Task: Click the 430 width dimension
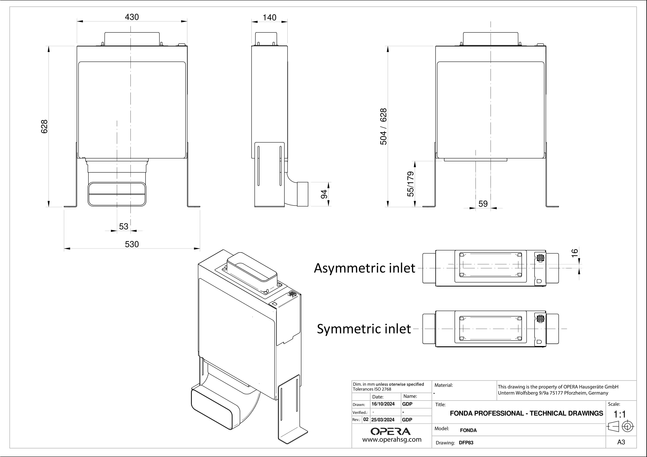click(x=132, y=17)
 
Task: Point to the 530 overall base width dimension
click(x=132, y=244)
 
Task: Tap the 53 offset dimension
click(x=123, y=226)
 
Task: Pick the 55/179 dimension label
click(x=411, y=184)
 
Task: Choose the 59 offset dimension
click(x=483, y=204)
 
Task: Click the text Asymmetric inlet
click(x=364, y=268)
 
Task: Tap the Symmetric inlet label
click(x=364, y=329)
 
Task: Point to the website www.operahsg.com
click(x=392, y=440)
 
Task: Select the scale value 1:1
click(x=620, y=414)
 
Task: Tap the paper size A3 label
click(x=621, y=442)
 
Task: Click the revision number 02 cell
click(x=366, y=419)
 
